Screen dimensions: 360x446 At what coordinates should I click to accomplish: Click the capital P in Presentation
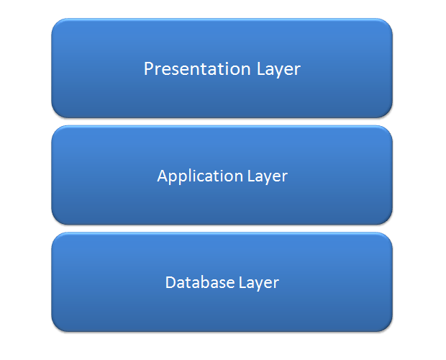[149, 69]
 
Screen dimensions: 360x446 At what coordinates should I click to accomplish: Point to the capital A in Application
[162, 176]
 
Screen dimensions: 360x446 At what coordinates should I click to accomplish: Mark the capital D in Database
[170, 282]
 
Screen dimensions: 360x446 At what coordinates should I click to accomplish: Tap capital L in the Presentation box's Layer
[260, 69]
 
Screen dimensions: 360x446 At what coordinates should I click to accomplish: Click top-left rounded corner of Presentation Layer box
[58, 25]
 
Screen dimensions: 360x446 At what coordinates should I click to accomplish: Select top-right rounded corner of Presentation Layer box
[386, 25]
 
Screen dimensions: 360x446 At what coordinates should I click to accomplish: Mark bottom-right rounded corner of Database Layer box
[386, 325]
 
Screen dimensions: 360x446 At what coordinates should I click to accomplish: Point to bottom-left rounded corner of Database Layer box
[58, 325]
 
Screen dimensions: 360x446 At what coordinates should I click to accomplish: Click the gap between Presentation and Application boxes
[222, 122]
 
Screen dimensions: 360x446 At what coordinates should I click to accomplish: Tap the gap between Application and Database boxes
[222, 228]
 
